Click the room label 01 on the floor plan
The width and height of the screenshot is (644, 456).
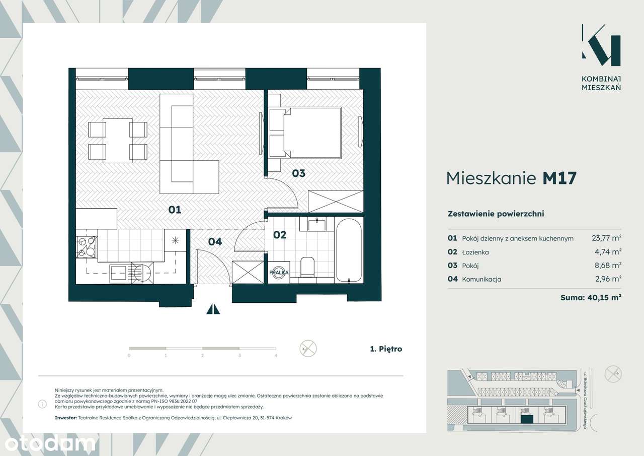[x=175, y=210]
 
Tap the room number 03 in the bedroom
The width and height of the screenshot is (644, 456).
[x=298, y=173]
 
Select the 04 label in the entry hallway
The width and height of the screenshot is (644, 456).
[x=215, y=242]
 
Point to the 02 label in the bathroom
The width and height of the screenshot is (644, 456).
[x=280, y=235]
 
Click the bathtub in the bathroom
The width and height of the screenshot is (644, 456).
[x=349, y=250]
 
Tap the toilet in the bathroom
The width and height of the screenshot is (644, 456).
[x=306, y=267]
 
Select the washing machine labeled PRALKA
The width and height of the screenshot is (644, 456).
[x=278, y=272]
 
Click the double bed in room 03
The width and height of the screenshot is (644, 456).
[x=312, y=132]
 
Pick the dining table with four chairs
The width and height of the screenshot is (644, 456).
[x=118, y=141]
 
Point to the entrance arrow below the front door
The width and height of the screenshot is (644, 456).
[x=213, y=309]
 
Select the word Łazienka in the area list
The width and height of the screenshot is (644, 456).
[x=475, y=252]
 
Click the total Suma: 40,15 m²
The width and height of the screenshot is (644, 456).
[x=591, y=297]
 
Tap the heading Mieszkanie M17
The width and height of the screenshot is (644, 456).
[x=511, y=178]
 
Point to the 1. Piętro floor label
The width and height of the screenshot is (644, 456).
[x=386, y=349]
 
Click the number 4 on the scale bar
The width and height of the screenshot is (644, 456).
[x=276, y=356]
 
